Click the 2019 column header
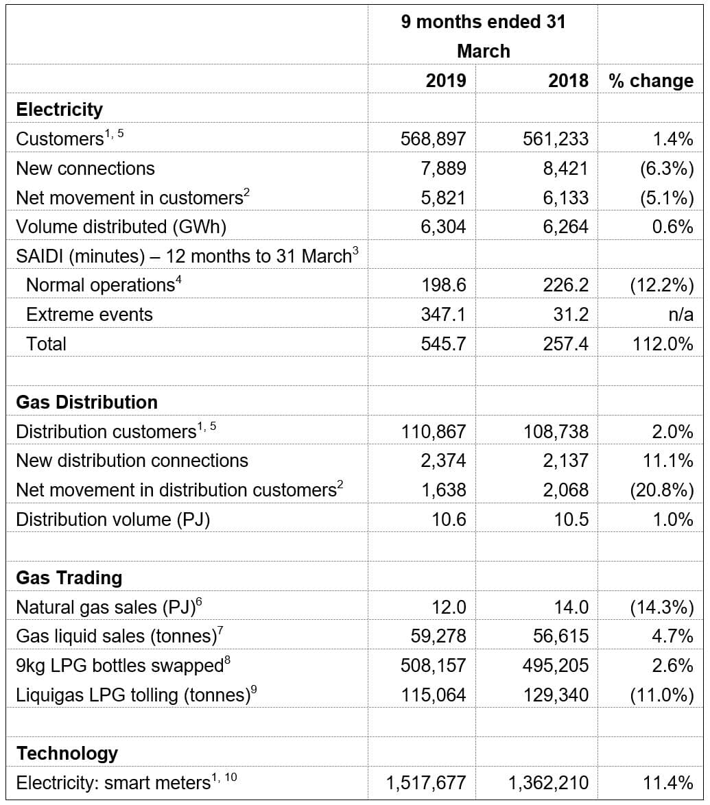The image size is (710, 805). click(445, 80)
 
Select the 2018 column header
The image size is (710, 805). click(568, 80)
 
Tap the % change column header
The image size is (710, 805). click(651, 80)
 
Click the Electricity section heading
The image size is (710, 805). click(59, 109)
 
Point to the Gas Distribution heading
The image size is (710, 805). click(86, 402)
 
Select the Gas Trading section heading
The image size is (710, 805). click(69, 577)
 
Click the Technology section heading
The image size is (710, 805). click(67, 753)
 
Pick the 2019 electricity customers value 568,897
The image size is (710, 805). click(433, 139)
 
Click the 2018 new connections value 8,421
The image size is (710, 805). click(565, 168)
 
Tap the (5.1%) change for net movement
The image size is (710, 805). click(661, 197)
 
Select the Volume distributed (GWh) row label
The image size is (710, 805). click(121, 226)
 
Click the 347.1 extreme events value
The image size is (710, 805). click(443, 314)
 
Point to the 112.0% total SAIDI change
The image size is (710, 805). click(661, 344)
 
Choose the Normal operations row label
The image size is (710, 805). click(100, 285)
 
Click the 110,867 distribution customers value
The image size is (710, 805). click(433, 431)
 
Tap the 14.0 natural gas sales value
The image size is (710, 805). click(571, 607)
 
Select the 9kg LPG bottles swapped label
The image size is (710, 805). click(119, 665)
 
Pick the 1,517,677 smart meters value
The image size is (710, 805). click(426, 782)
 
